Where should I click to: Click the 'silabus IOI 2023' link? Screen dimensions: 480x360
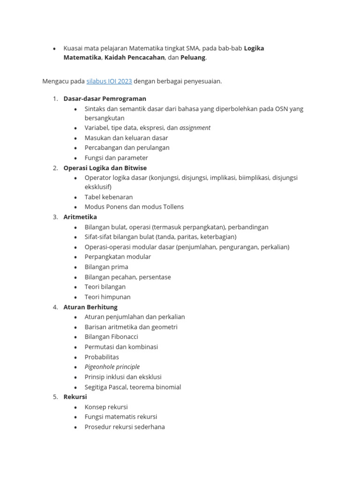point(109,81)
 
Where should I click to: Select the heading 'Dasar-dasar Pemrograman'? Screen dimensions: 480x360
point(105,98)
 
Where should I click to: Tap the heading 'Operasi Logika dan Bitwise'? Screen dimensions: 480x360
point(105,168)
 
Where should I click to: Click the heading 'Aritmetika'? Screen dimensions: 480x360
point(80,217)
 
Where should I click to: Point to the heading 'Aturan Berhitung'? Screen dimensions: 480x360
point(90,307)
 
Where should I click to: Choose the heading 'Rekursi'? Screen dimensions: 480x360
point(75,397)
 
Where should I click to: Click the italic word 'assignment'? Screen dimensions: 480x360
point(195,127)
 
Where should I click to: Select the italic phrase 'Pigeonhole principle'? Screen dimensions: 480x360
point(112,367)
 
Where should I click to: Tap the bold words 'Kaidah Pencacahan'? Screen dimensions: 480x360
point(135,58)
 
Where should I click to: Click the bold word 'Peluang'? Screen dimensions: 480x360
point(193,58)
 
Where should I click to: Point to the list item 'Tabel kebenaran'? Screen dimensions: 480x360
point(109,197)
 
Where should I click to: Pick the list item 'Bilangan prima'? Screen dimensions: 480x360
point(106,267)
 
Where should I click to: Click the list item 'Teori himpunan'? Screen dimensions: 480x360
point(107,297)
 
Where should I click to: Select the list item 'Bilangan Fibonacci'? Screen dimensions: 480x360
point(111,337)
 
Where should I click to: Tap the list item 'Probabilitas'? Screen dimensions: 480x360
point(102,357)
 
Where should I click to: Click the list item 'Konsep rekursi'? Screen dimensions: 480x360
point(106,407)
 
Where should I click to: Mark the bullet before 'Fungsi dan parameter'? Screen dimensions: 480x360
point(76,158)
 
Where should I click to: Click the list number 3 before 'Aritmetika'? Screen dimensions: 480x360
point(55,217)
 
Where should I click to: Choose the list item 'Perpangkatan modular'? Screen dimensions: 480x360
point(118,257)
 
